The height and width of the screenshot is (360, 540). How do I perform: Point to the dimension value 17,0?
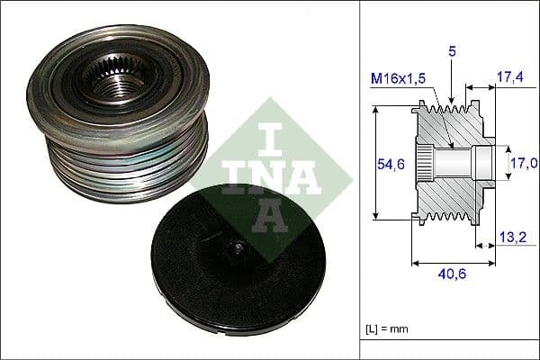point(525,163)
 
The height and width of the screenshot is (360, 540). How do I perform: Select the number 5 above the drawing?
point(453,52)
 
